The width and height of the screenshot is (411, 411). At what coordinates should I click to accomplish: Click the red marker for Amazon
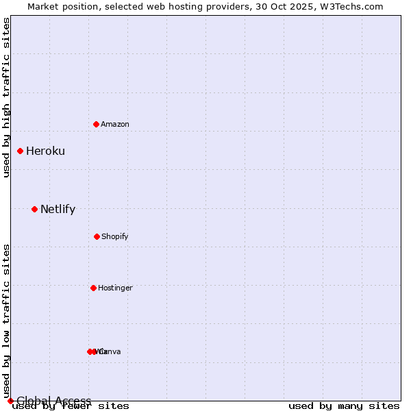tap(97, 124)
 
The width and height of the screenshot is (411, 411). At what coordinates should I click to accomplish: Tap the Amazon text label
tap(115, 124)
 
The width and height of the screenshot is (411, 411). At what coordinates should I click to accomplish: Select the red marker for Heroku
tap(21, 151)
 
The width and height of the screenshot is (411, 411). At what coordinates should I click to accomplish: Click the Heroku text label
tap(45, 151)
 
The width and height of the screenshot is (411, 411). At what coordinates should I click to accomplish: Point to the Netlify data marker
tap(34, 209)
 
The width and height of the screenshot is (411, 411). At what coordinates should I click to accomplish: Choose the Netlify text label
tap(58, 210)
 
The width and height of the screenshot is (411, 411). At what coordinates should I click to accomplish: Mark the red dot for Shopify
tap(97, 236)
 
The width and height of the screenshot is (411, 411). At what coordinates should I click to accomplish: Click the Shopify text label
tap(115, 237)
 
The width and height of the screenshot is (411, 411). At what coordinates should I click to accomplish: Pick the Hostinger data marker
tap(93, 288)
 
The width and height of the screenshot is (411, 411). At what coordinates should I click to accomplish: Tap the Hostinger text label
tap(115, 288)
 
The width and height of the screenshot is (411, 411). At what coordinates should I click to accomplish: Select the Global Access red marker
tap(10, 401)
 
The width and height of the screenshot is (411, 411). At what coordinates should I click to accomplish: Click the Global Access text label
tap(54, 401)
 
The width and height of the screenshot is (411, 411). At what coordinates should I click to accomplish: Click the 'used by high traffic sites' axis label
tap(7, 97)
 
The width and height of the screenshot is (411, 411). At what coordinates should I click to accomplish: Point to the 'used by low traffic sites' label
tap(7, 321)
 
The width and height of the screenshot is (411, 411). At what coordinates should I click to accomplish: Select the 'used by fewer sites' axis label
tap(71, 406)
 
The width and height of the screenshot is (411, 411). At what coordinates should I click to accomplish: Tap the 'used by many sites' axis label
tap(344, 406)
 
